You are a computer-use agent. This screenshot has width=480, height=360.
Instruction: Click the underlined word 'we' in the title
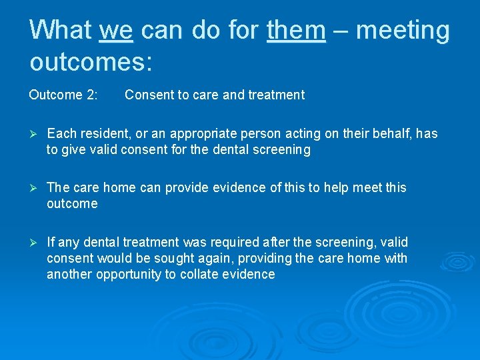116,30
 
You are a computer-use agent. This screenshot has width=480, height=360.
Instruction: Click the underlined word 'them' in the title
297,30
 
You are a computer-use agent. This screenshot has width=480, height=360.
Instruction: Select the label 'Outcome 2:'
63,95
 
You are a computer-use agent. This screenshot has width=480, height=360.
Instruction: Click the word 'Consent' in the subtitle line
149,95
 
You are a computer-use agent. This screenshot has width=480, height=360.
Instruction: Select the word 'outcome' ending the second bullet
72,204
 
